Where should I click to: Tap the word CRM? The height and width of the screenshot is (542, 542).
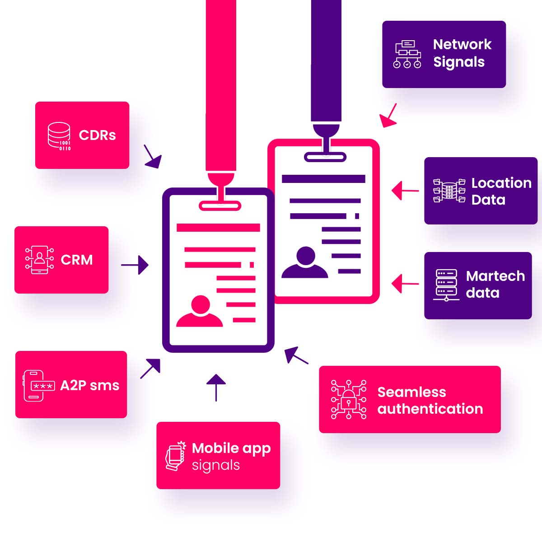pyautogui.click(x=77, y=260)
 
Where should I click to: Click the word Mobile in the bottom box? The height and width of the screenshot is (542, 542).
pyautogui.click(x=215, y=448)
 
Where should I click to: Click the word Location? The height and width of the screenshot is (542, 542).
pyautogui.click(x=501, y=183)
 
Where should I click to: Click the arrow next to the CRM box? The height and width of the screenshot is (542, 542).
pyautogui.click(x=135, y=265)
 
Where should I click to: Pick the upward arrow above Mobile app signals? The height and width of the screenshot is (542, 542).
pyautogui.click(x=216, y=388)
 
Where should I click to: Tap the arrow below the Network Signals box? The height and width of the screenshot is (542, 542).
pyautogui.click(x=388, y=115)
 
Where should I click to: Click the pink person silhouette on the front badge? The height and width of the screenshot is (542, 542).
pyautogui.click(x=200, y=312)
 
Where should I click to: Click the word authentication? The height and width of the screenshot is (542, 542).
pyautogui.click(x=430, y=409)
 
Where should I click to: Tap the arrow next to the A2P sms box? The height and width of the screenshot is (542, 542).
pyautogui.click(x=150, y=368)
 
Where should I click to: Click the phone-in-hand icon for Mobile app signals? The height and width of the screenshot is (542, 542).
pyautogui.click(x=176, y=457)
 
